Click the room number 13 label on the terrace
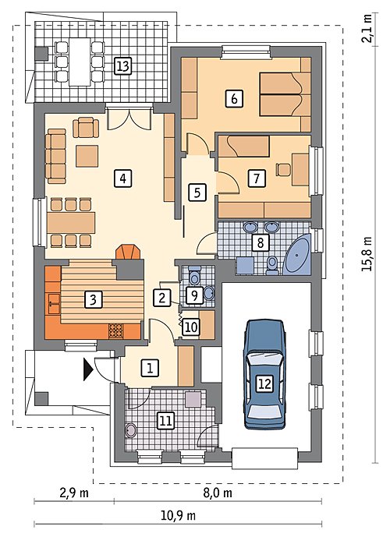point(122,65)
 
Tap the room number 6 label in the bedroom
point(234,99)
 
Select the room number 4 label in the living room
point(123,178)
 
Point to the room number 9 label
point(195,295)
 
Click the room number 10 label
point(191,327)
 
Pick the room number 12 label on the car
point(265,383)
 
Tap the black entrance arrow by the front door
point(88,369)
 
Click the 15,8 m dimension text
point(367,254)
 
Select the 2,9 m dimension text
point(74,493)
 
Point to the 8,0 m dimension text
point(218,493)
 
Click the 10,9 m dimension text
point(178,514)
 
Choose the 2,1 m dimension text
point(367,28)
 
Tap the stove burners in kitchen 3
point(115,330)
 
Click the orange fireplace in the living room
point(129,252)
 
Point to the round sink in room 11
point(131,430)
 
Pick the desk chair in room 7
point(283,170)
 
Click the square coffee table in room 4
point(87,156)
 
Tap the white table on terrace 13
point(80,62)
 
